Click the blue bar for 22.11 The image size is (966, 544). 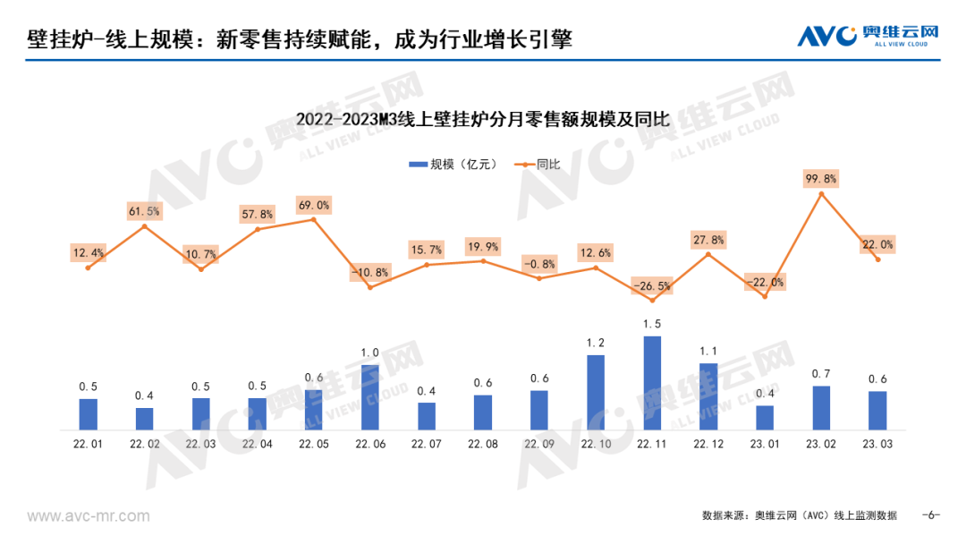point(652,382)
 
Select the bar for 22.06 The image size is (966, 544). point(370,396)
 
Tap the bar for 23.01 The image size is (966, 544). point(765,417)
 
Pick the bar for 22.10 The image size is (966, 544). point(596,392)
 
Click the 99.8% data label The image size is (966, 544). point(821,179)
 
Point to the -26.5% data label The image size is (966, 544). point(652,286)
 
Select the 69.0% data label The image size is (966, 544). point(314,205)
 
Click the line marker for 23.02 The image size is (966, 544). point(821,194)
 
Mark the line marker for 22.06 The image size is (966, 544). point(370,287)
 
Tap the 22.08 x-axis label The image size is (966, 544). point(483,443)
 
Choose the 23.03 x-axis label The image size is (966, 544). point(877,443)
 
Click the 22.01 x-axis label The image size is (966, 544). point(88,443)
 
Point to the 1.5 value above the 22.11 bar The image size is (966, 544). point(652,323)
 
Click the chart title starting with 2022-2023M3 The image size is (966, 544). point(483,119)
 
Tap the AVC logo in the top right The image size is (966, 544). point(869,37)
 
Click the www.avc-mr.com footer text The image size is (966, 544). point(89,516)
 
